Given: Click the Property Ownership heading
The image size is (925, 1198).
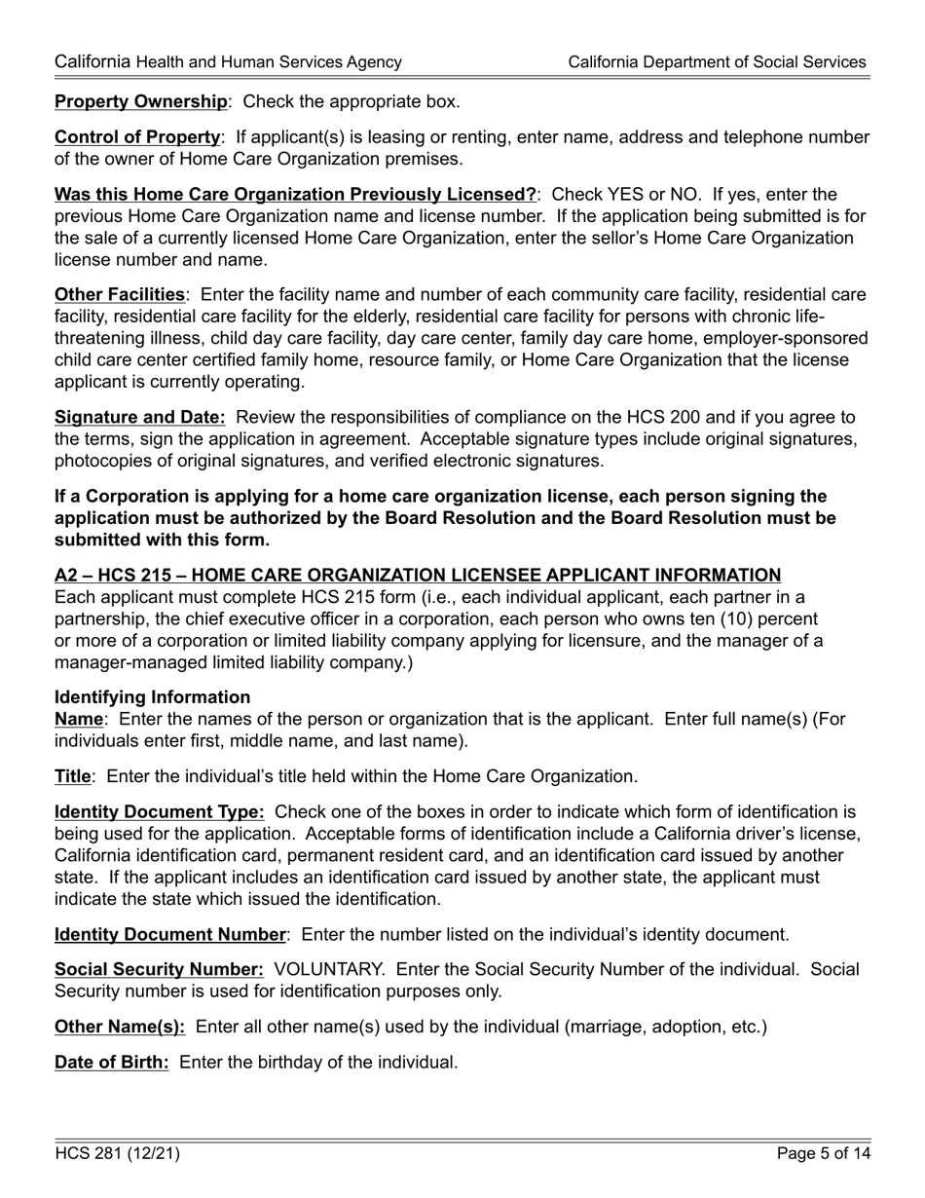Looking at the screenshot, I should click(141, 101).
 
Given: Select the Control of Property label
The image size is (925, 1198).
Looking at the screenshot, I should click(137, 137).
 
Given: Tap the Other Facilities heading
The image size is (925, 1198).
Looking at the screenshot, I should click(119, 294).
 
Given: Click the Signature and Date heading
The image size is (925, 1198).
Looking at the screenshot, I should click(140, 417).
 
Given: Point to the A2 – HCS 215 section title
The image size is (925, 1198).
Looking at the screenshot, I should click(417, 576).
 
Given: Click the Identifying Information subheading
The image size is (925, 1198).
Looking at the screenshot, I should click(152, 697).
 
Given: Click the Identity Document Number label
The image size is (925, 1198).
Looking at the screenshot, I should click(170, 935).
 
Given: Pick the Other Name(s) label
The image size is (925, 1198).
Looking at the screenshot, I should click(120, 1027).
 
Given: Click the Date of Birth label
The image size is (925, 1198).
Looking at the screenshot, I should click(112, 1062).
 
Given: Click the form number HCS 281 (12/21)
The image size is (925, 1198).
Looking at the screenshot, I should click(117, 1155).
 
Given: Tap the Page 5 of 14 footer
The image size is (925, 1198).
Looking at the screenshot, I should click(823, 1155).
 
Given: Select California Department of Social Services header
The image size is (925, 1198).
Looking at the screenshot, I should click(717, 62).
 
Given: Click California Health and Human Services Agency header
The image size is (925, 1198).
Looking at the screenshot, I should click(228, 62).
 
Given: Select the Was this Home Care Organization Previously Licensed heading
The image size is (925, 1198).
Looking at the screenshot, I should click(295, 195).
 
